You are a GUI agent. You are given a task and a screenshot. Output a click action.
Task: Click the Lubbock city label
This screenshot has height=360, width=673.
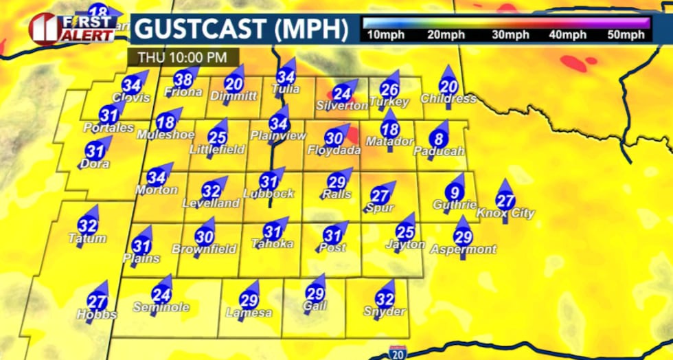(268, 193)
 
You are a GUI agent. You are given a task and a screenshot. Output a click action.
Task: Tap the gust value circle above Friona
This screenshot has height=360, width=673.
(183, 79)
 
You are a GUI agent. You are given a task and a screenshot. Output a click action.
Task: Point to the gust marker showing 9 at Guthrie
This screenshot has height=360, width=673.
(454, 192)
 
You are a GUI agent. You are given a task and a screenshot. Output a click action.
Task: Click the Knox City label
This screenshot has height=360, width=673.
(505, 214)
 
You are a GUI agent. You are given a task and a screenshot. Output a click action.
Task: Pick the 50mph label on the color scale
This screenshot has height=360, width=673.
(628, 35)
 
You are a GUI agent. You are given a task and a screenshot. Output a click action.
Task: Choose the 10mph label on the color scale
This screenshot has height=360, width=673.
(386, 35)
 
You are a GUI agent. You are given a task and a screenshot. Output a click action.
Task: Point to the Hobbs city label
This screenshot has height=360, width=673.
(97, 315)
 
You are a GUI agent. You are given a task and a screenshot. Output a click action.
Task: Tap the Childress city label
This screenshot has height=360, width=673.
(448, 98)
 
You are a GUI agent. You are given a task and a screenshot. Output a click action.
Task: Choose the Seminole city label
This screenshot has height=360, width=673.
(161, 308)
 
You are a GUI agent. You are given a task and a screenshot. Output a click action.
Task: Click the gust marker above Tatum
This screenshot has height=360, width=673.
(87, 225)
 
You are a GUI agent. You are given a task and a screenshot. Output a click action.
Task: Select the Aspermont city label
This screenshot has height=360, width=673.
(463, 249)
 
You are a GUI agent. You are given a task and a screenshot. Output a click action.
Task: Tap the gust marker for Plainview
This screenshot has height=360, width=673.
(278, 124)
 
